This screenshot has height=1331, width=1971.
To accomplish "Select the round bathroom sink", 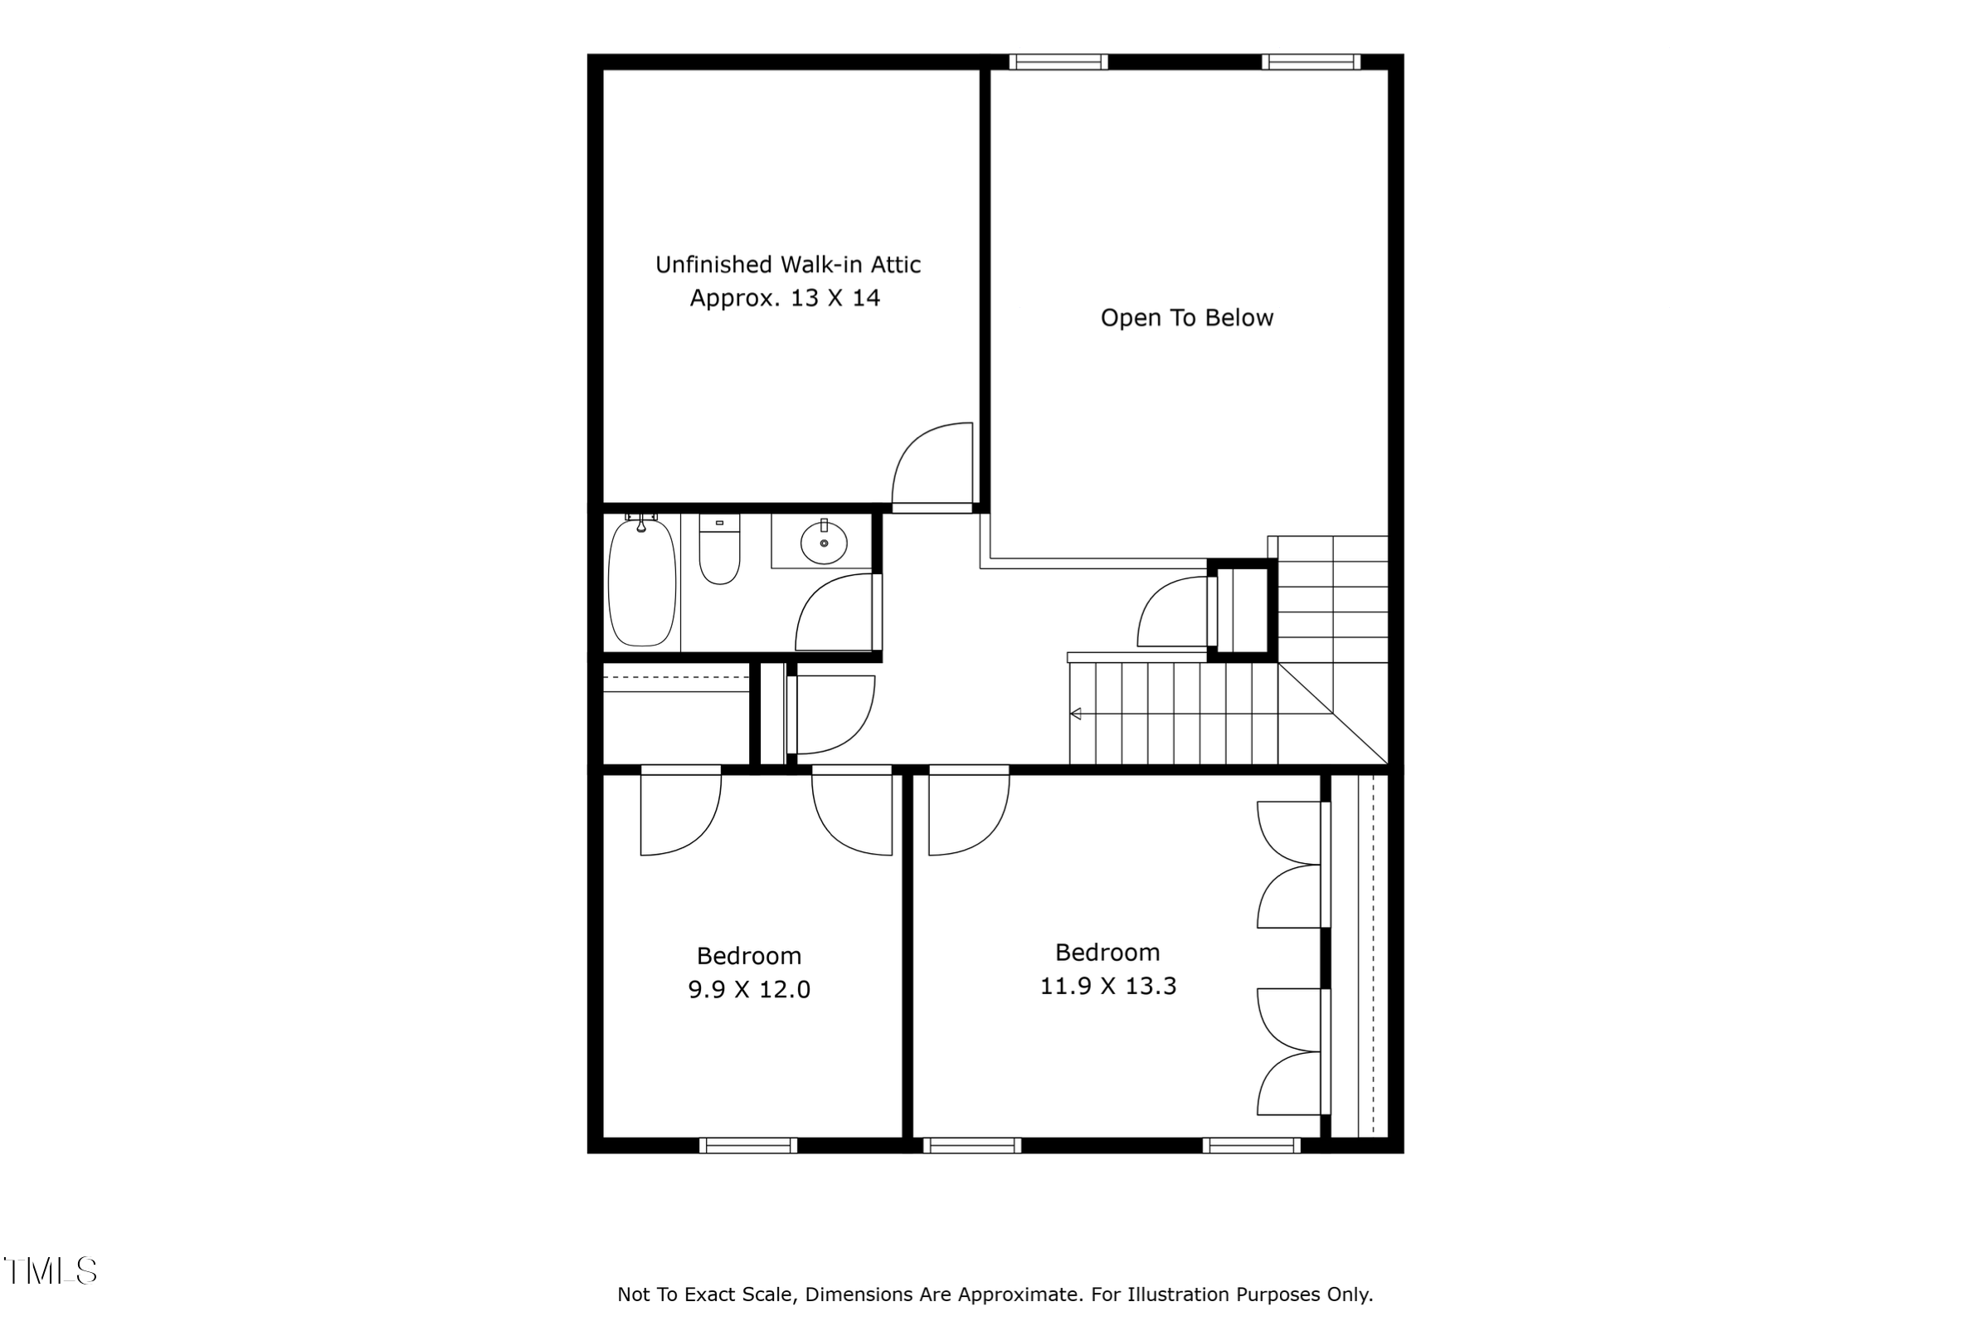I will [824, 543].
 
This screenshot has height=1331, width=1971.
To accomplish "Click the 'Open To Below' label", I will [1186, 318].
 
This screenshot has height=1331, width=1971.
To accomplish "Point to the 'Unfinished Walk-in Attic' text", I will [788, 265].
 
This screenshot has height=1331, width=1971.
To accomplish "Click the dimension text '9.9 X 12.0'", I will [749, 990].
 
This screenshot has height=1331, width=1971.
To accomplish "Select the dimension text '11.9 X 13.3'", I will [1107, 986].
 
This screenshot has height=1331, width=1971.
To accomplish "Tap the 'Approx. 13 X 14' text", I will [785, 299].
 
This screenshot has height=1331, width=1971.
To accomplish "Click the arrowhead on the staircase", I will [1075, 714].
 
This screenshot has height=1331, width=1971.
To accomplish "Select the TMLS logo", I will [51, 1270].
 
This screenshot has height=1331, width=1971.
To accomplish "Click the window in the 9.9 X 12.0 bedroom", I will [748, 1145].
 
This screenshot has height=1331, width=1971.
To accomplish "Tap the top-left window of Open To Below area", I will [1058, 62].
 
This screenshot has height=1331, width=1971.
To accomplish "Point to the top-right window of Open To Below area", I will [1311, 62].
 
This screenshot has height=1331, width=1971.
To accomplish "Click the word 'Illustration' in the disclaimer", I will [1180, 1294].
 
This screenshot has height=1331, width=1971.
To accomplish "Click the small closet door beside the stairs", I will [1174, 612].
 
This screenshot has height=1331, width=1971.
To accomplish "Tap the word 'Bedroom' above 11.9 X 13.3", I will [1107, 953].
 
